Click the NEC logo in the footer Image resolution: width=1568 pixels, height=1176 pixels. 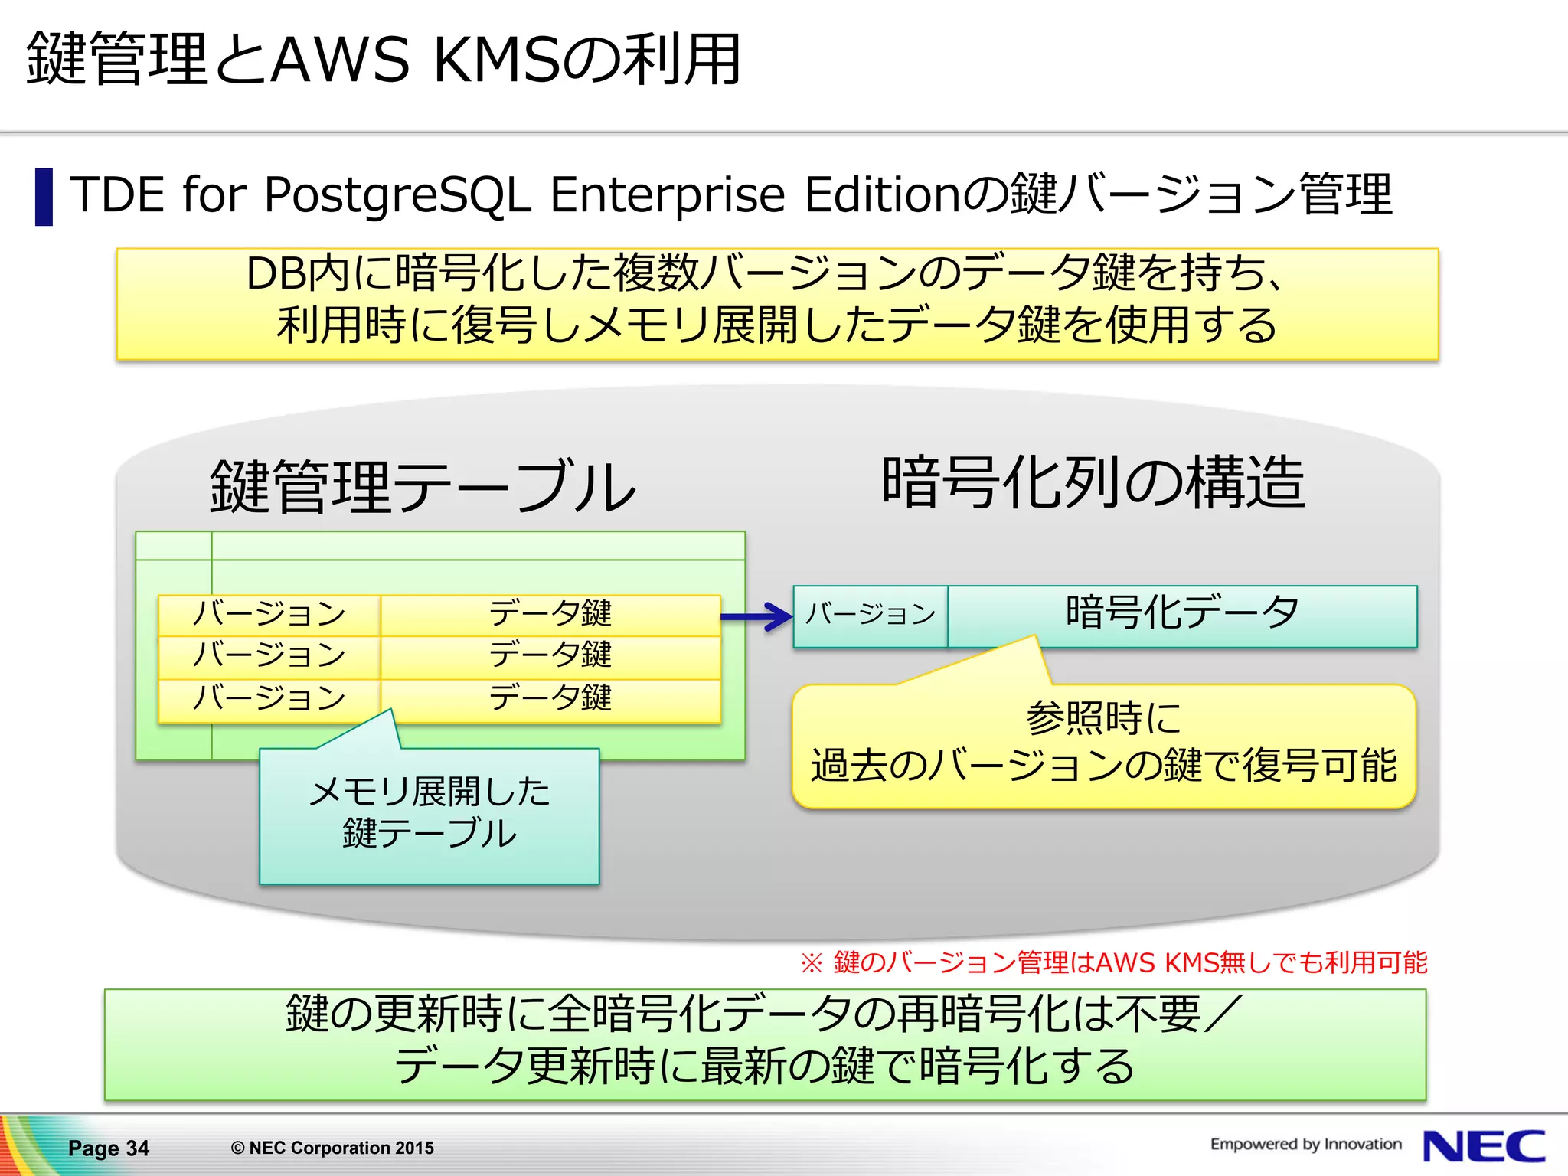(x=1484, y=1146)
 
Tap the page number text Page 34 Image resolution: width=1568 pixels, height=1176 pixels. (x=108, y=1148)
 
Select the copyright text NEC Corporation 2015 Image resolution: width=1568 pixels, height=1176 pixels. (x=332, y=1148)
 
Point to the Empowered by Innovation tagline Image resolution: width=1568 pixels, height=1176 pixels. (x=1305, y=1144)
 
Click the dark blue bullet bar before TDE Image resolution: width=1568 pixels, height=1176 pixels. (x=44, y=197)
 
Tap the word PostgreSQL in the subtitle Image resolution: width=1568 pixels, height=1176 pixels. (x=397, y=194)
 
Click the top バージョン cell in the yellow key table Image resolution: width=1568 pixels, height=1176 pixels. (x=269, y=614)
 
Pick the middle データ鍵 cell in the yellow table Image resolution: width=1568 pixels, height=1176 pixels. (x=550, y=655)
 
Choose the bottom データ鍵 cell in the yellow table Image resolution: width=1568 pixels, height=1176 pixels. (x=550, y=698)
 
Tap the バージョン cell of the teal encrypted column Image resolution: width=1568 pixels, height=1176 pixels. (x=871, y=614)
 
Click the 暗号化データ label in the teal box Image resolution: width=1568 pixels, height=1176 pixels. (x=1182, y=612)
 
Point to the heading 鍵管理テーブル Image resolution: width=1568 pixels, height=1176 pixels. (x=423, y=487)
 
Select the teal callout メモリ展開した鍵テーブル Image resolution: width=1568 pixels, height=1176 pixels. (x=429, y=813)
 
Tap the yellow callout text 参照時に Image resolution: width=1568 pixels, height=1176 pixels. (x=1103, y=718)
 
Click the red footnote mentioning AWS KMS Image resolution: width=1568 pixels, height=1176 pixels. (x=1113, y=962)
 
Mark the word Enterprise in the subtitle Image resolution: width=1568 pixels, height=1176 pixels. (x=668, y=194)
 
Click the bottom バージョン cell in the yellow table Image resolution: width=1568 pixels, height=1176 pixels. (x=269, y=698)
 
